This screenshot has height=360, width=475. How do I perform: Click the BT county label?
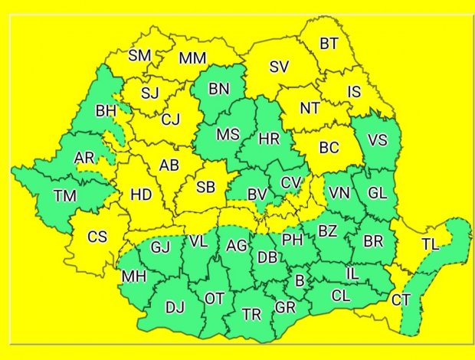[329, 44]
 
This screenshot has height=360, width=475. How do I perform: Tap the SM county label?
[139, 55]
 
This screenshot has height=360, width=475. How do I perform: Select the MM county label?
[192, 58]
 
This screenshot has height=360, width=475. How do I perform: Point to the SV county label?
[279, 67]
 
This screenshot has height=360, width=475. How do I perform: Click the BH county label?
[106, 112]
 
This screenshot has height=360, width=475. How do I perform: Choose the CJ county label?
[170, 119]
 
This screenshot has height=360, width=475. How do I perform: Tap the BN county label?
[219, 89]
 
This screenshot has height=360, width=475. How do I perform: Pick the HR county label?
[270, 139]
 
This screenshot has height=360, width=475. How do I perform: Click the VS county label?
[378, 140]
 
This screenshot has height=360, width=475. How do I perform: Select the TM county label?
[65, 196]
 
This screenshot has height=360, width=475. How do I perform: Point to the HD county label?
[141, 195]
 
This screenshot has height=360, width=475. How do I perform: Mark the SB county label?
[205, 188]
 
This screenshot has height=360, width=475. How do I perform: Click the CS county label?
[97, 237]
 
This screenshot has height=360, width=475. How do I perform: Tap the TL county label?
[431, 244]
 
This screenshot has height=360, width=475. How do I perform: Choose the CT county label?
[401, 300]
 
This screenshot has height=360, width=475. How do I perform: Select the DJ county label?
[175, 308]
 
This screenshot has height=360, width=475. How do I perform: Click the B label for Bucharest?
[300, 280]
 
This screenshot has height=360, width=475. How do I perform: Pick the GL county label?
[378, 193]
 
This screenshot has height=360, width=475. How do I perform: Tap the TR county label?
[251, 314]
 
